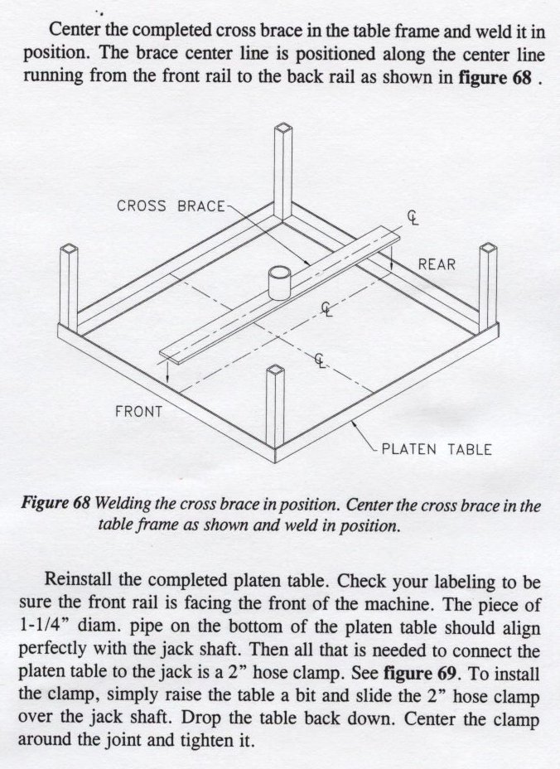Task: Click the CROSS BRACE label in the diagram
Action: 171,206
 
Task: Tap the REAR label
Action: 437,264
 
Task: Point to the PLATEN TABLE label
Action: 436,450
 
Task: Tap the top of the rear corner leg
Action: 283,130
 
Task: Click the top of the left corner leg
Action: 69,250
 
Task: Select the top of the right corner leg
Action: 489,248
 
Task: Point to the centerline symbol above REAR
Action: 413,217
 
